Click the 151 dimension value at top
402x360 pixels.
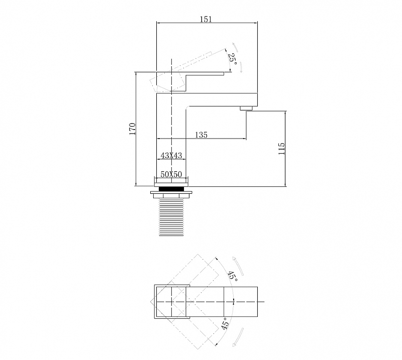pyautogui.click(x=206, y=19)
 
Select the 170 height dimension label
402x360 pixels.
pyautogui.click(x=132, y=129)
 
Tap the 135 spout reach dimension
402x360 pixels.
pyautogui.click(x=202, y=135)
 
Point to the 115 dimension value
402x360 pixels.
pyautogui.click(x=281, y=149)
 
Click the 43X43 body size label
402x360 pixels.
pyautogui.click(x=171, y=155)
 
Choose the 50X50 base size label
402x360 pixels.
pyautogui.click(x=171, y=175)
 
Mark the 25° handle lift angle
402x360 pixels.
pyautogui.click(x=232, y=58)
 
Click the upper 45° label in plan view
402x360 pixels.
pyautogui.click(x=232, y=276)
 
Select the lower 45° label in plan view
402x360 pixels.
pyautogui.click(x=225, y=323)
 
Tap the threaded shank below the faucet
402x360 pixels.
pyautogui.click(x=171, y=217)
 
